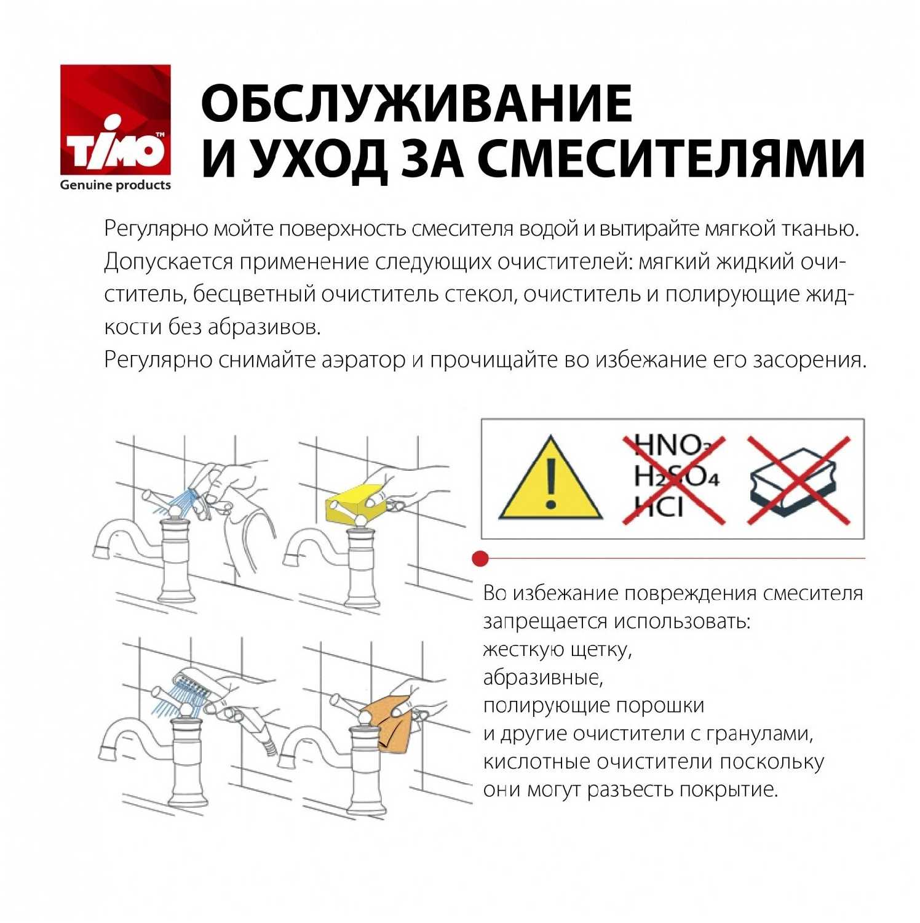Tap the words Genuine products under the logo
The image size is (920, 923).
(x=115, y=185)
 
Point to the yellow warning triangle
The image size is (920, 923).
(x=550, y=479)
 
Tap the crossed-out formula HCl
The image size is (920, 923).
(x=659, y=506)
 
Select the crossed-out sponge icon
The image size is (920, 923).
(x=798, y=481)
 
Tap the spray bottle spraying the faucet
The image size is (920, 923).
(x=206, y=486)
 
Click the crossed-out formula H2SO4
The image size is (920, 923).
(x=676, y=476)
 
